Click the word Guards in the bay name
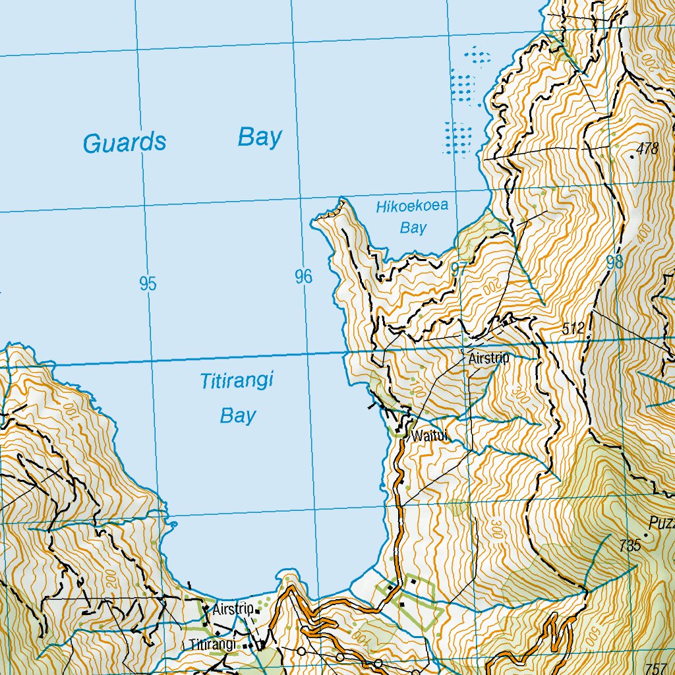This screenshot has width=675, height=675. [x=125, y=142]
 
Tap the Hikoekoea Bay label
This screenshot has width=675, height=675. [x=412, y=217]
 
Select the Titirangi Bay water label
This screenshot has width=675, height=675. [x=237, y=398]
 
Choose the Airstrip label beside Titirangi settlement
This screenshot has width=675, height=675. [x=233, y=610]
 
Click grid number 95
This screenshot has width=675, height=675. [x=148, y=284]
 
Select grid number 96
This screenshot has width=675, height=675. [x=303, y=277]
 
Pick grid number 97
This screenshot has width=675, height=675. [x=459, y=269]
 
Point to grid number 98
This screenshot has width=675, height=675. [x=614, y=262]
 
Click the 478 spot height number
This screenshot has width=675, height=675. [x=648, y=149]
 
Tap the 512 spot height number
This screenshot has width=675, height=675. [x=574, y=328]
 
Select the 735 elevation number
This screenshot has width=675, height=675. [x=630, y=545]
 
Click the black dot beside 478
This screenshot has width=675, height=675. [x=632, y=156]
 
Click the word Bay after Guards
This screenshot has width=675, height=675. [x=260, y=138]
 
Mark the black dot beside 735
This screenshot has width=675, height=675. [x=646, y=536]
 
